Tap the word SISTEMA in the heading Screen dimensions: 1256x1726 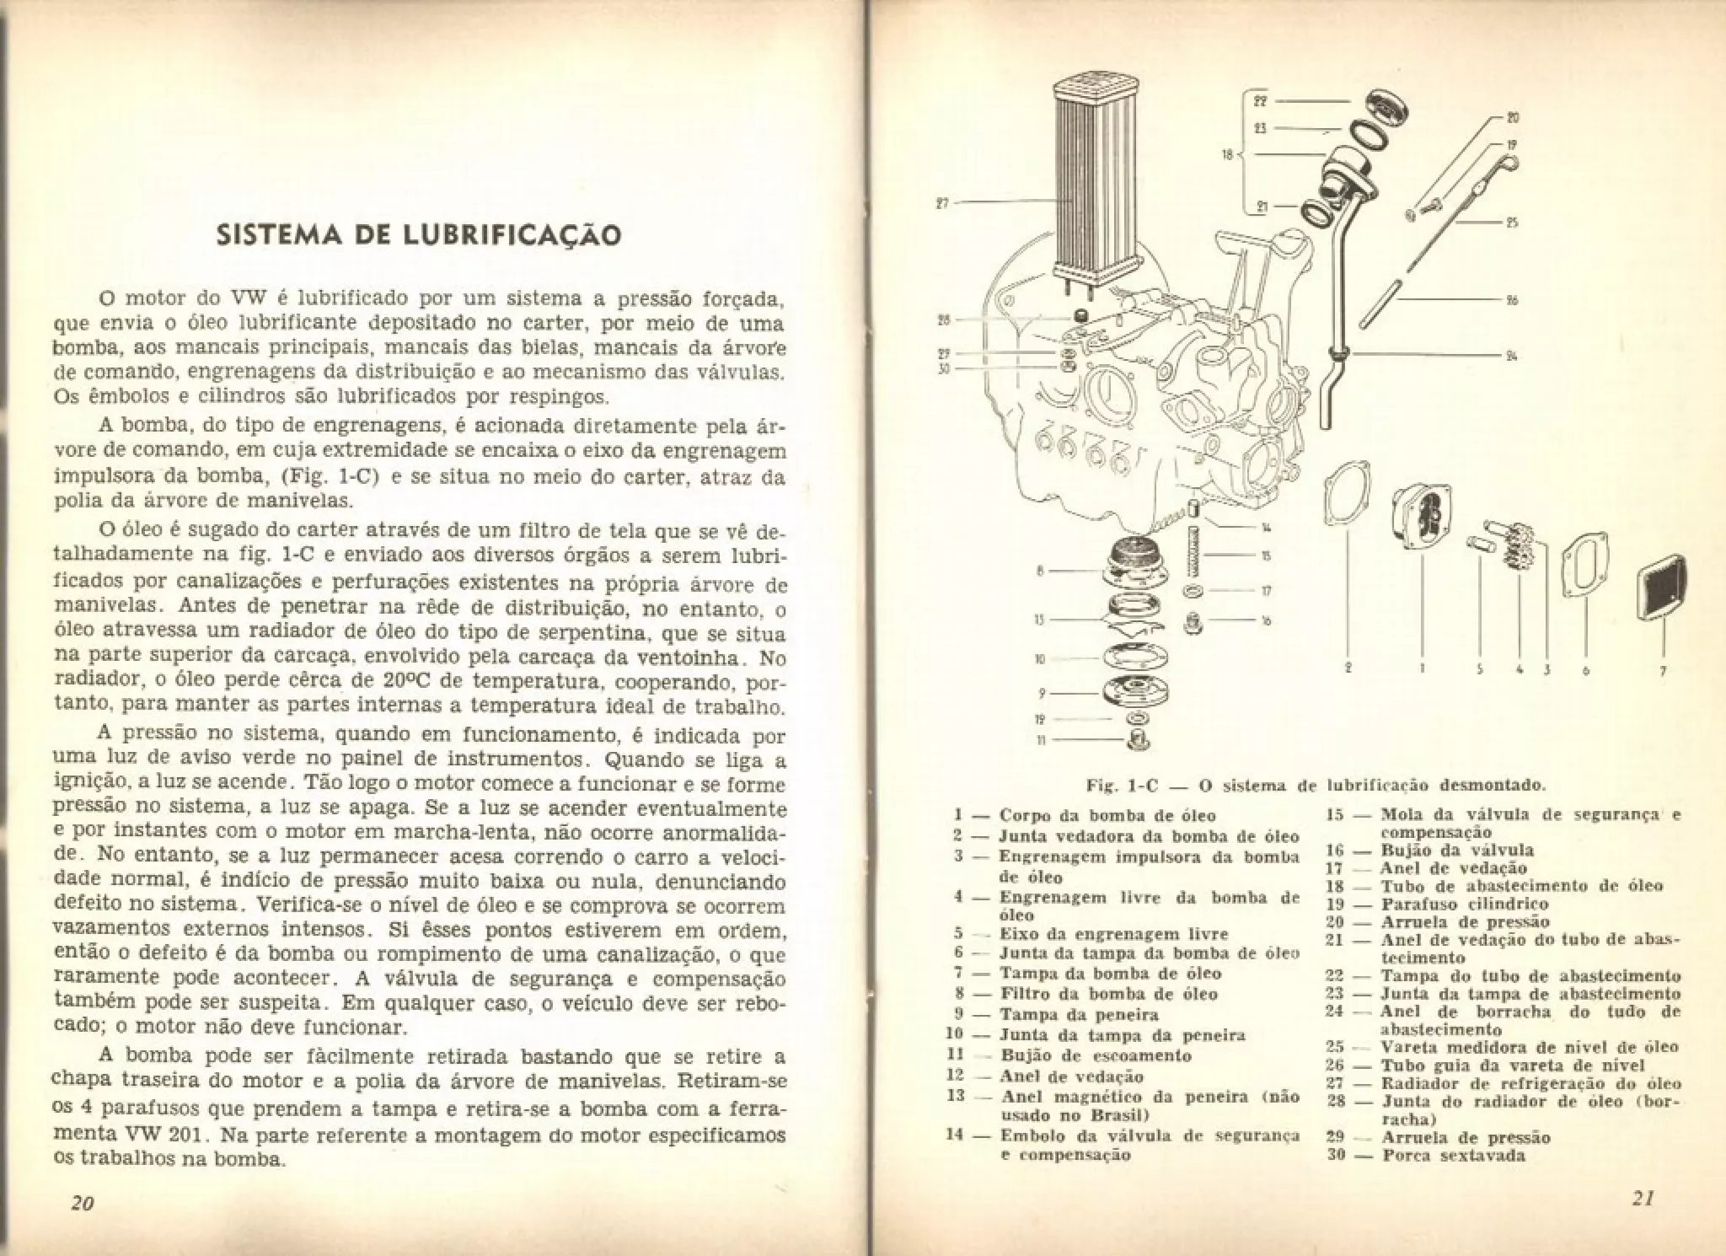coord(275,234)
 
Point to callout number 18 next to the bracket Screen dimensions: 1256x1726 coord(1227,155)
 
